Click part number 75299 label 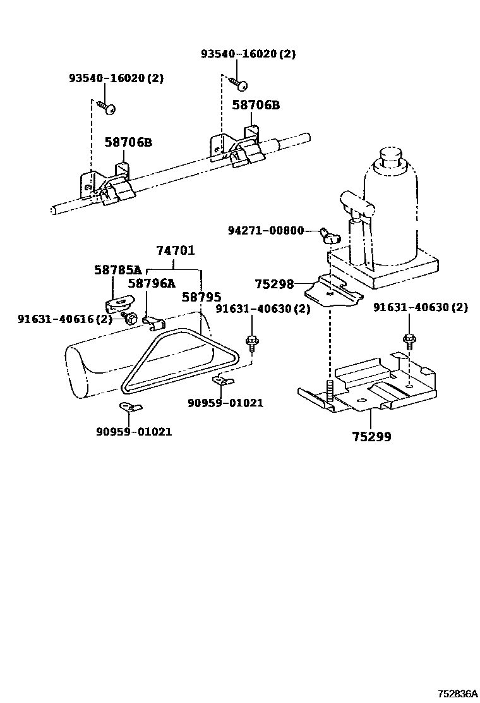pyautogui.click(x=372, y=436)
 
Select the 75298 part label pyautogui.click(x=274, y=284)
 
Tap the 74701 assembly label pyautogui.click(x=176, y=251)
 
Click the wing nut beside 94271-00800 pyautogui.click(x=330, y=235)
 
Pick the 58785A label pyautogui.click(x=118, y=270)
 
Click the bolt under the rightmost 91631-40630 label pyautogui.click(x=408, y=342)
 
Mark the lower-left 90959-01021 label pyautogui.click(x=134, y=432)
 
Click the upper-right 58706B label pyautogui.click(x=255, y=105)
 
